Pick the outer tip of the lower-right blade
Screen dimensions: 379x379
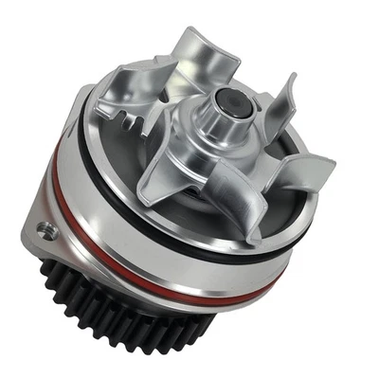tap(327, 171)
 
